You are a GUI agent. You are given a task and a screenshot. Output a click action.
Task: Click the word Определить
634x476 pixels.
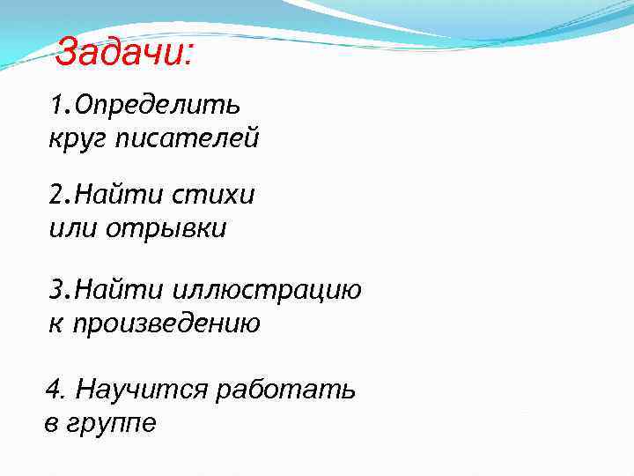(x=158, y=106)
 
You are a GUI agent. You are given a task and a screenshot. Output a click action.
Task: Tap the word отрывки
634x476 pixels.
(x=167, y=228)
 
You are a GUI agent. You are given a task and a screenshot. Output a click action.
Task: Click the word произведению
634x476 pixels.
(x=166, y=324)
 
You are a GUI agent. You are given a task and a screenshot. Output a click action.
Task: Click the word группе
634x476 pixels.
(x=114, y=424)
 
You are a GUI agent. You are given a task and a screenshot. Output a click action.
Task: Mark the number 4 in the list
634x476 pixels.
(x=51, y=389)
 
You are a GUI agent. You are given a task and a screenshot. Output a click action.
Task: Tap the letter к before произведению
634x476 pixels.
(x=55, y=324)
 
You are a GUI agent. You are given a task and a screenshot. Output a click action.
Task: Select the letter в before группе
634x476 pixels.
(x=51, y=424)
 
